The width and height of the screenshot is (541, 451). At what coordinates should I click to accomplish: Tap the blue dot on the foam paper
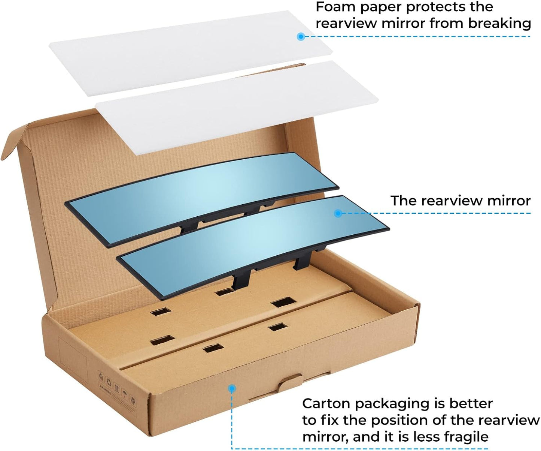pos(301,37)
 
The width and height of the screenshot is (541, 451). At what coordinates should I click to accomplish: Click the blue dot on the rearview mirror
pos(337,213)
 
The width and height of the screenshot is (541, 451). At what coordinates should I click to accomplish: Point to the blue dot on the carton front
pos(232,388)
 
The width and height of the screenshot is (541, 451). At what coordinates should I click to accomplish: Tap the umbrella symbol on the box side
pos(125,394)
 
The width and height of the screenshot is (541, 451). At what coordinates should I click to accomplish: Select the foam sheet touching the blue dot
pos(191,53)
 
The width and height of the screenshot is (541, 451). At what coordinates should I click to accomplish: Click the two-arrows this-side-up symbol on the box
pos(117,388)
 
